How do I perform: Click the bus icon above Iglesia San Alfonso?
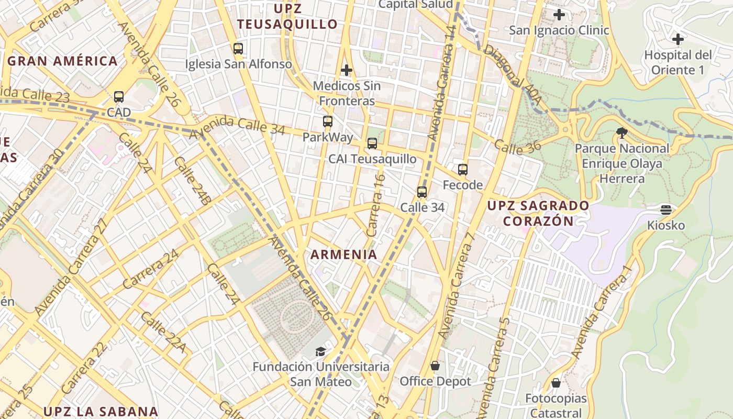point(238,49)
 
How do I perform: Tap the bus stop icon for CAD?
point(119,97)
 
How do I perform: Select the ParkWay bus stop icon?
point(328,122)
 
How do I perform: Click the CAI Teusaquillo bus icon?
point(372,144)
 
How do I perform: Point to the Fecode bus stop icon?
point(463,170)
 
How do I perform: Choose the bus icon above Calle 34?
point(422,192)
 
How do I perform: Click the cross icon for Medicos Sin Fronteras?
point(346,70)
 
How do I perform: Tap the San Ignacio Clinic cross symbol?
point(559,15)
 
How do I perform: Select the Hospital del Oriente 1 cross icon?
point(678,39)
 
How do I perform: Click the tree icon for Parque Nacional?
point(622,133)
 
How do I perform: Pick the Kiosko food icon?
point(666,210)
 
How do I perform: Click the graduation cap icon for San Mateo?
point(320,351)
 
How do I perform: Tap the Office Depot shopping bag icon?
point(435,366)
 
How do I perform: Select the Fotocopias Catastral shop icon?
point(556,383)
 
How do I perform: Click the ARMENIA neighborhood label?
point(344,255)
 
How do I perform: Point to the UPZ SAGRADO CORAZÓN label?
point(538,213)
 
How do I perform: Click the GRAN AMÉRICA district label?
point(63,61)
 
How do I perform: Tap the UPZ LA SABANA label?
point(101,411)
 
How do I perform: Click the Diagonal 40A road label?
point(505,67)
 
